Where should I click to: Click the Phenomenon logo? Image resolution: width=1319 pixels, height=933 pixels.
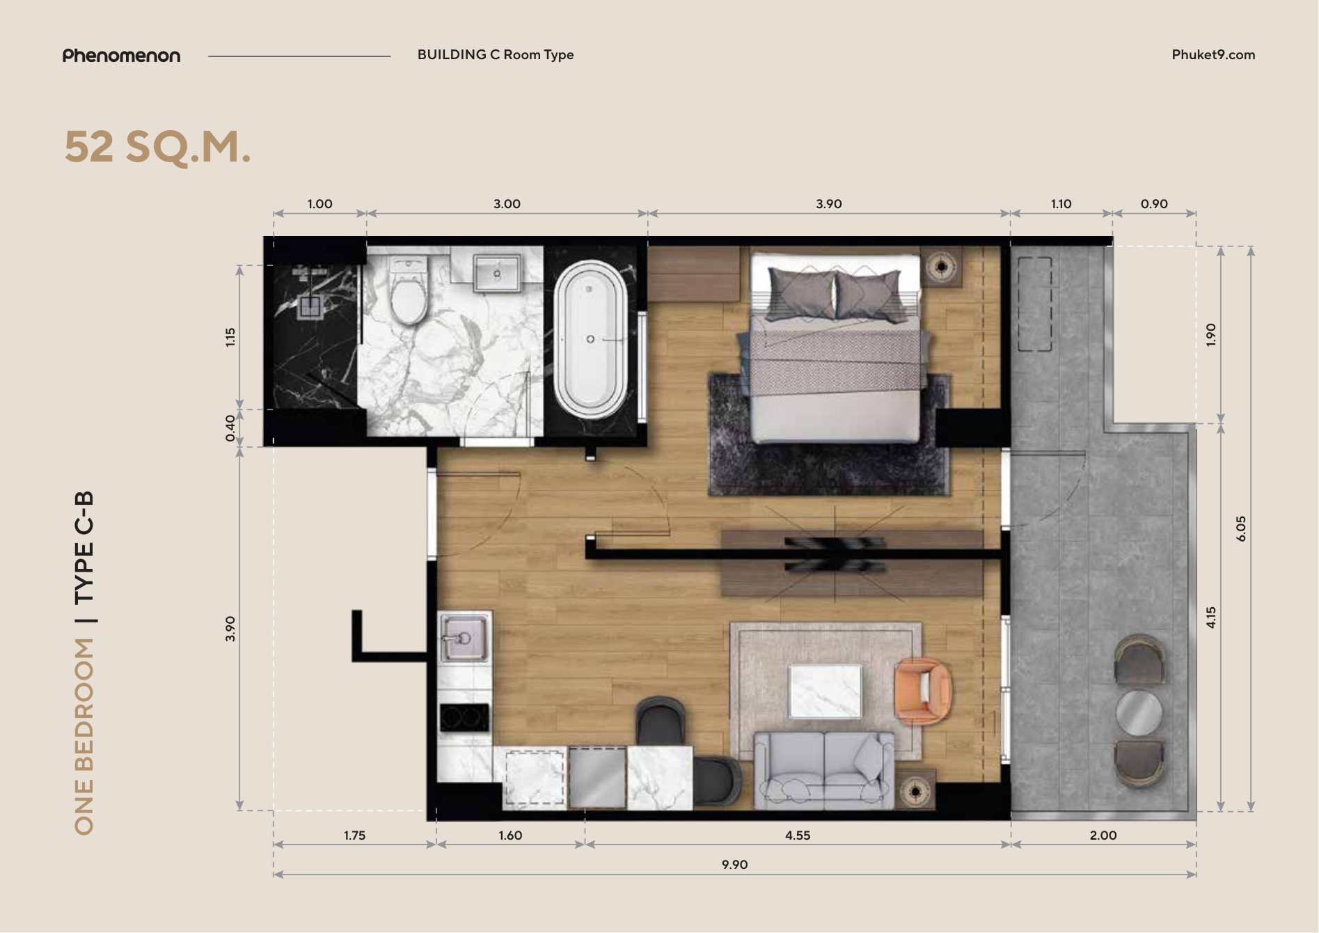[121, 56]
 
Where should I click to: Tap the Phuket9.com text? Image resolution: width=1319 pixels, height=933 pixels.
[1213, 55]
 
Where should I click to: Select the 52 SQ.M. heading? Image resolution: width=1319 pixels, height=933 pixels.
[157, 147]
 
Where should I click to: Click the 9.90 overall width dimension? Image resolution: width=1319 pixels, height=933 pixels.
[734, 865]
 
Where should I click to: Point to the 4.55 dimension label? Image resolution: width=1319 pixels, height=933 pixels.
[798, 836]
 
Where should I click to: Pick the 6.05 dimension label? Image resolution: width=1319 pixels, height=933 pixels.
[1241, 529]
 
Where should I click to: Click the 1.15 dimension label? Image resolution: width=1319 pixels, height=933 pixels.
[230, 337]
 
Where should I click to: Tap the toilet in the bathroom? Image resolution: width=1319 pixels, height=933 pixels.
[409, 291]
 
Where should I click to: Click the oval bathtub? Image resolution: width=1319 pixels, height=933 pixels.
[590, 339]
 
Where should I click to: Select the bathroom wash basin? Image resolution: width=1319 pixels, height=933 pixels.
[496, 272]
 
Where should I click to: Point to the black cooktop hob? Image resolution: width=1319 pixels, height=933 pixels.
[464, 718]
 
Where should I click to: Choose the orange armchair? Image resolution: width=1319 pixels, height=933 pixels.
[923, 691]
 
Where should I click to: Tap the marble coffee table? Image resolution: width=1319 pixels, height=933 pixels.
[826, 691]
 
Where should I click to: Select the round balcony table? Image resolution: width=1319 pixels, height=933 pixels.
[1139, 712]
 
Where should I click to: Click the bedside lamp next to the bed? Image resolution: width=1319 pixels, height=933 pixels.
[941, 266]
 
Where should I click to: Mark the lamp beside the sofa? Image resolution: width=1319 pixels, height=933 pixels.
[914, 791]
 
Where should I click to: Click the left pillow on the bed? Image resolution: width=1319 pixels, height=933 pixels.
[801, 295]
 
